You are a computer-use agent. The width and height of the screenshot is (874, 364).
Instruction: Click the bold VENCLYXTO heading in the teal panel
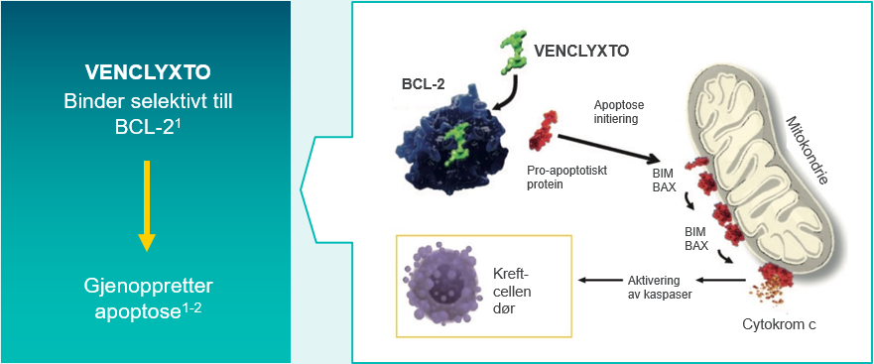coord(146,73)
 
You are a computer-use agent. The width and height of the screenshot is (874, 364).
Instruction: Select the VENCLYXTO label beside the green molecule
coord(581,50)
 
